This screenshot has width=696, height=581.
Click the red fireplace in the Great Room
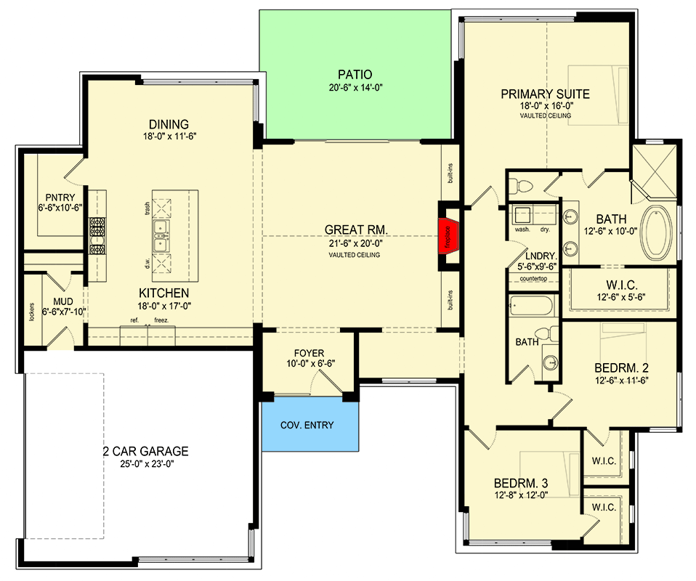448,236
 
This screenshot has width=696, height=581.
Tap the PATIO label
355,75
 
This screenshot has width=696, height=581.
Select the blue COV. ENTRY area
309,424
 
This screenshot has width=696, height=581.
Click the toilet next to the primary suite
520,185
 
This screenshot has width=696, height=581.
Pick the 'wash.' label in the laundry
522,229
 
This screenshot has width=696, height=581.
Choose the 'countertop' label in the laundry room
533,279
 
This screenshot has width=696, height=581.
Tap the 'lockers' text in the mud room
31,312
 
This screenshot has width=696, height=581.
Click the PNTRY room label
60,197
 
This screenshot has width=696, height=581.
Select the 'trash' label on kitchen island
147,208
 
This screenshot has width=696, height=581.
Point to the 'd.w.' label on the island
147,264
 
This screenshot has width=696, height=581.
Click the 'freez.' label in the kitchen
161,320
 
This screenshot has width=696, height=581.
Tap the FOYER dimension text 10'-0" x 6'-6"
310,364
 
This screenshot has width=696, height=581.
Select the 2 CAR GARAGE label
145,452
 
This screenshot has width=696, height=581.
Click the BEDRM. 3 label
521,483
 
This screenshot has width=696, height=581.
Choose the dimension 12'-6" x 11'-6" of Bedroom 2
621,381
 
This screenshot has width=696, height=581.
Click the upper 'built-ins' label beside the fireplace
450,174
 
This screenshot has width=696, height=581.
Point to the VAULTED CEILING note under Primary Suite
546,115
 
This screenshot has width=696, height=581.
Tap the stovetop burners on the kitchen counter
97,236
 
